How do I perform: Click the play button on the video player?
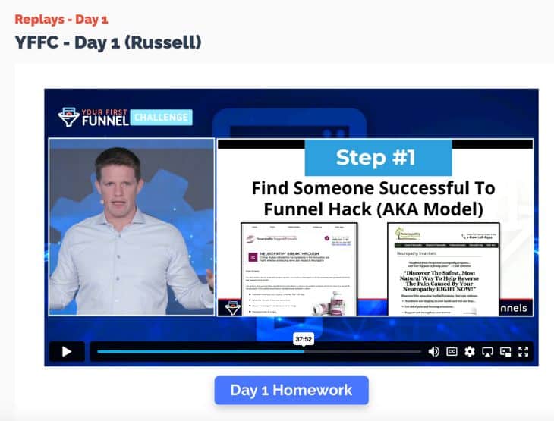pos(67,351)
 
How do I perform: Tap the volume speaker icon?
pos(433,351)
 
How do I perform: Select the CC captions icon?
pos(452,351)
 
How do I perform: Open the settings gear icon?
pos(470,351)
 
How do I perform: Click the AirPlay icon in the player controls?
pos(488,351)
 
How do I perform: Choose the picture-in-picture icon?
pos(505,351)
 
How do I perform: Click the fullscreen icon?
pos(523,351)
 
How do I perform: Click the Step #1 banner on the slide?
pos(378,159)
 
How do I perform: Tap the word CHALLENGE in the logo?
pos(161,118)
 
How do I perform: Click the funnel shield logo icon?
pos(69,117)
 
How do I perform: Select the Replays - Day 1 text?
pos(61,19)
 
